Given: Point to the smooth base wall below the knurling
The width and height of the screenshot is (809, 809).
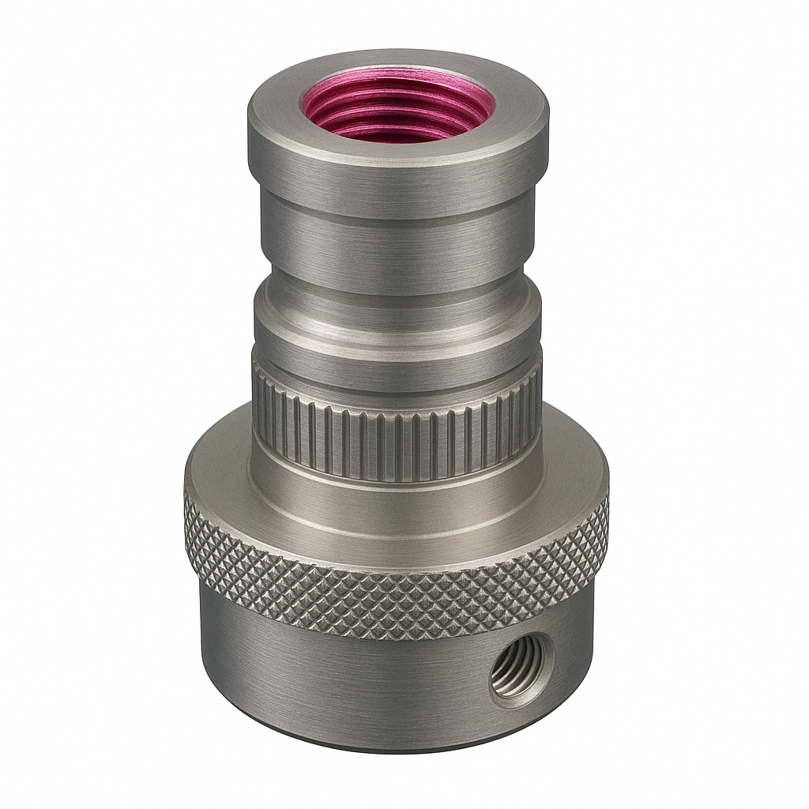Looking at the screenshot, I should (332, 679).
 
